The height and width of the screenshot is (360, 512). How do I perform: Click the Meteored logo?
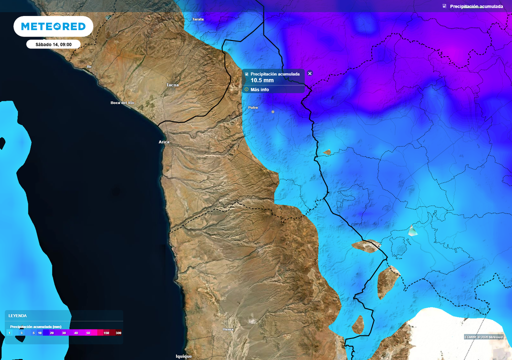point(53,26)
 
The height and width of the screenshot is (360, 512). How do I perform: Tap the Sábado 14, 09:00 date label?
point(53,44)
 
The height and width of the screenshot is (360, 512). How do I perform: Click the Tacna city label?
point(172,85)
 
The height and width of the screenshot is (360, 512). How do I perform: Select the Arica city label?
point(164,142)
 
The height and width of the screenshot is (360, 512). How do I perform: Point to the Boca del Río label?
point(122,102)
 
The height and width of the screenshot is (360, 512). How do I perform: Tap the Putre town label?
point(253,107)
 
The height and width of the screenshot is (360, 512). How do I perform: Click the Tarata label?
point(198,19)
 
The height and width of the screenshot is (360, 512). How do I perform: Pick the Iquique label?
point(183,356)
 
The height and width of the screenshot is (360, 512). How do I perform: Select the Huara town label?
point(227,329)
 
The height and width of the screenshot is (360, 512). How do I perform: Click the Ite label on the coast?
point(89,66)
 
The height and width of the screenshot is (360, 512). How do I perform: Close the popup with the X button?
point(309,73)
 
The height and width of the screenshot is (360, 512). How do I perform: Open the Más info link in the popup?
point(259,89)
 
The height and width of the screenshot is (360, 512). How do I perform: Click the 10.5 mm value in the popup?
point(262,80)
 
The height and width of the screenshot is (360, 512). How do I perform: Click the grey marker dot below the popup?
point(273,111)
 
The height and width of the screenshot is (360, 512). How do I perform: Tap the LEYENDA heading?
point(17,315)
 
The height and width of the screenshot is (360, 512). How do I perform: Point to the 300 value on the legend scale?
point(118,332)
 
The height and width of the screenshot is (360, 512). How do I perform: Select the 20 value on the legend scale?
point(52,332)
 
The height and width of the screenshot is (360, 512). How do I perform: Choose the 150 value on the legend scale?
point(106,332)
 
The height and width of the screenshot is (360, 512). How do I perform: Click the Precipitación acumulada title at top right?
point(476,6)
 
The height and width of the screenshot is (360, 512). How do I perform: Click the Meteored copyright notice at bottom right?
point(483,336)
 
